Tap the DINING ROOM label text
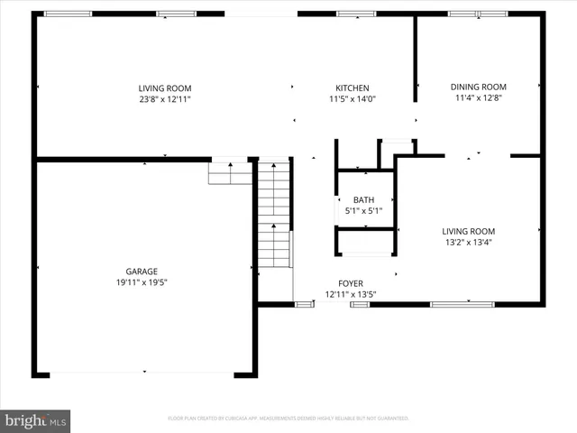pos(479,87)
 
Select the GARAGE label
pos(142,271)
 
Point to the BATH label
pos(363,200)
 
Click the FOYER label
pos(351,283)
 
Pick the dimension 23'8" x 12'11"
pos(164,98)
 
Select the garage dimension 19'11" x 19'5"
pos(142,281)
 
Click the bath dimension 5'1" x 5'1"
pos(363,211)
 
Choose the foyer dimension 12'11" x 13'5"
pos(350,294)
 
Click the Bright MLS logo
pos(36,420)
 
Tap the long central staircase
pos(274,214)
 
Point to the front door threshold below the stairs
pos(304,304)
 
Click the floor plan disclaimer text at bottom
pos(288,419)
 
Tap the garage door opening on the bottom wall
pos(143,373)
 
